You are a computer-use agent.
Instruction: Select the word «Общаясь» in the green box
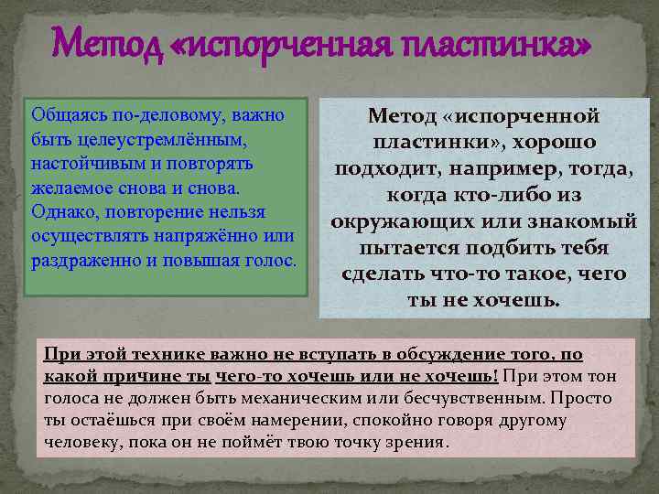pyautogui.click(x=63, y=116)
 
